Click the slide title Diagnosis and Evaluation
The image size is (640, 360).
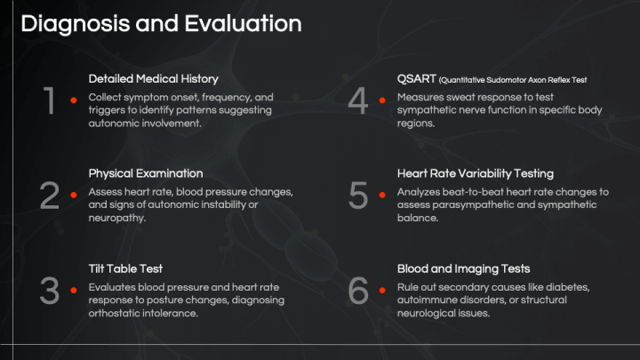[160, 24]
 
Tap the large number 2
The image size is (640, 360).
[50, 196]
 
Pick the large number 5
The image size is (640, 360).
[358, 196]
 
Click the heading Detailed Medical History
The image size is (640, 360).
[153, 79]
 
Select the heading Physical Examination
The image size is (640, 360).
[146, 173]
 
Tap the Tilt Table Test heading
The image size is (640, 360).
[125, 268]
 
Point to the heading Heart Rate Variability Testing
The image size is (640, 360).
[475, 173]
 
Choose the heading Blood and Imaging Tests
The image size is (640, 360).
[463, 268]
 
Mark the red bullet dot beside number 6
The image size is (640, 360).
[382, 290]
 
